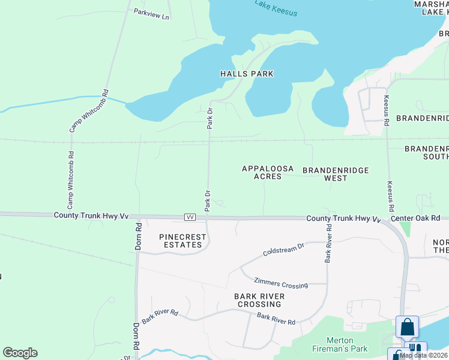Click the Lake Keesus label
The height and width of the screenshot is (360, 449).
pos(276,8)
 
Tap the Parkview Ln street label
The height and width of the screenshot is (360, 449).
pos(152,14)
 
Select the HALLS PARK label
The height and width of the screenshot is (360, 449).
pos(247,74)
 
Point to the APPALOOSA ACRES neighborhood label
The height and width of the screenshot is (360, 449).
pos(268,173)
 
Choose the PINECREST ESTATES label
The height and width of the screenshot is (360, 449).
pos(183,241)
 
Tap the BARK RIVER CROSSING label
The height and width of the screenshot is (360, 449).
pos(259,300)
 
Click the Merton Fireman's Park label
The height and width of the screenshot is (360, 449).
pos(339,344)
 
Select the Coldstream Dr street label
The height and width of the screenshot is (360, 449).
pos(285,248)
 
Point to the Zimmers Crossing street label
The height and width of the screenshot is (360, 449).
pos(281,283)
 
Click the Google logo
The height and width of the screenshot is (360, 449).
pos(20,353)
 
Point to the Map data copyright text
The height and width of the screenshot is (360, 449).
pos(424,355)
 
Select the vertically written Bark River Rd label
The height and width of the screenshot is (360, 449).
pos(328,244)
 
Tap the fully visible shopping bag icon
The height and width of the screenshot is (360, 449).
pos(407,328)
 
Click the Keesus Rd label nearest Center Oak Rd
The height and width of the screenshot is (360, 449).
pos(391,196)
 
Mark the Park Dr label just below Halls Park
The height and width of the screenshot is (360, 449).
pos(210,118)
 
